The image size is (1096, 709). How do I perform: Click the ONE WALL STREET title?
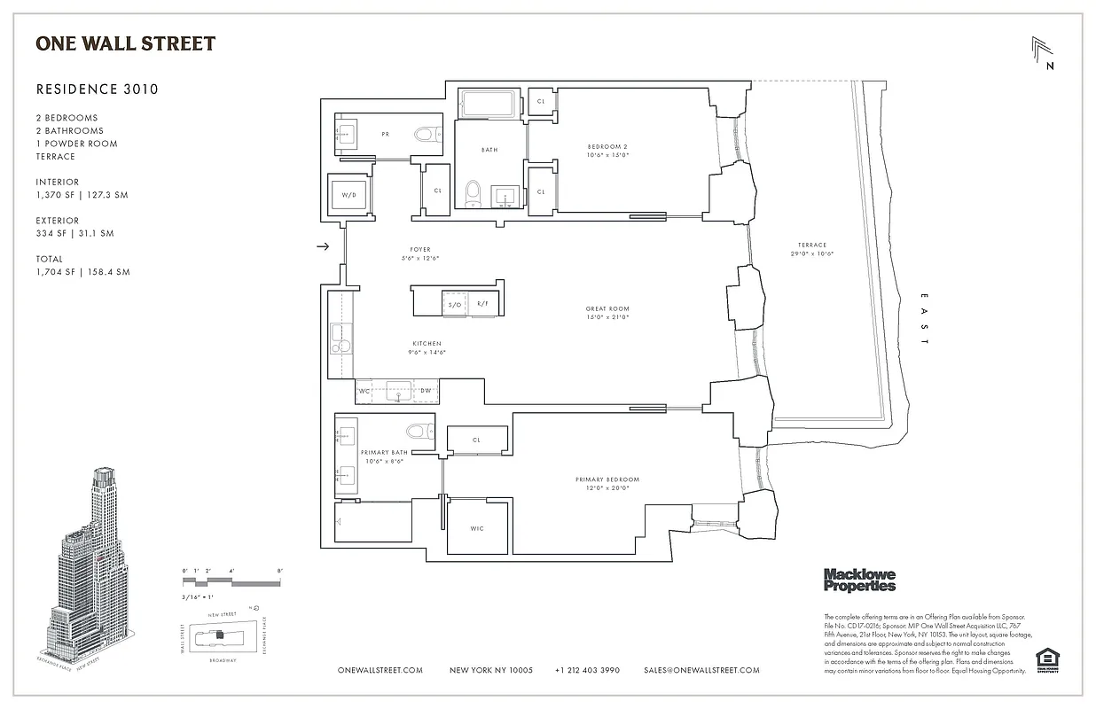[125, 43]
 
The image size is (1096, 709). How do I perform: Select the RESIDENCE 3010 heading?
[97, 89]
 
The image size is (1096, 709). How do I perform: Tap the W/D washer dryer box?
[348, 195]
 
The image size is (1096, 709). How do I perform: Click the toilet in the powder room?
[427, 135]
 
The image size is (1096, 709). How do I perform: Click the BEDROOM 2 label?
[607, 150]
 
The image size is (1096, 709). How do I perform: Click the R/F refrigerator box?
[482, 304]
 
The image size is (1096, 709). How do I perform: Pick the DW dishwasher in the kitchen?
[426, 391]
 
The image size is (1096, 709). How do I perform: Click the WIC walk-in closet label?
[477, 529]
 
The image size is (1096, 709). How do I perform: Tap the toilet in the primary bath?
[417, 432]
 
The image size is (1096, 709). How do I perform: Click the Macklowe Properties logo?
[859, 580]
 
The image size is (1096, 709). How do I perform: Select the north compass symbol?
[1043, 53]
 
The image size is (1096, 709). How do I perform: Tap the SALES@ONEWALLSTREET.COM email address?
[701, 670]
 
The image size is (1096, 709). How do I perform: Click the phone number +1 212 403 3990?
[587, 670]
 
